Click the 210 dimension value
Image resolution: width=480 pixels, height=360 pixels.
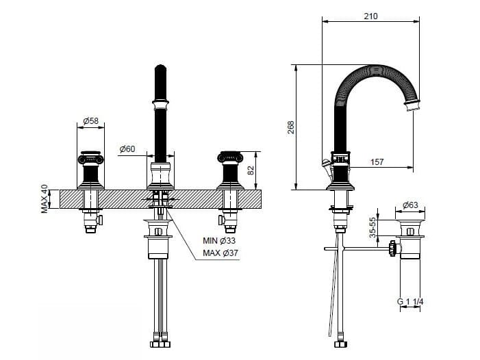[370, 15]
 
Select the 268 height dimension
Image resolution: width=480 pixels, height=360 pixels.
[291, 127]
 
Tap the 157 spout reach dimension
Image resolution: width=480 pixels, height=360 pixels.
[376, 162]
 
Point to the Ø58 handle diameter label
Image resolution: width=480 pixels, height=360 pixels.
[90, 121]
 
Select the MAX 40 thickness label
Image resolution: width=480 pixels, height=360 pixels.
[45, 198]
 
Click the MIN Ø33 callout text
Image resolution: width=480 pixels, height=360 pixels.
[218, 240]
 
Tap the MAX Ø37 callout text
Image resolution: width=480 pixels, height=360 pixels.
[220, 254]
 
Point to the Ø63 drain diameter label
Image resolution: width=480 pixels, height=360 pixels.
[411, 204]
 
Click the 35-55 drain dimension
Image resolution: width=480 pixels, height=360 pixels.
[373, 229]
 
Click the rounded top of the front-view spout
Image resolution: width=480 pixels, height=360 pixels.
[160, 68]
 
